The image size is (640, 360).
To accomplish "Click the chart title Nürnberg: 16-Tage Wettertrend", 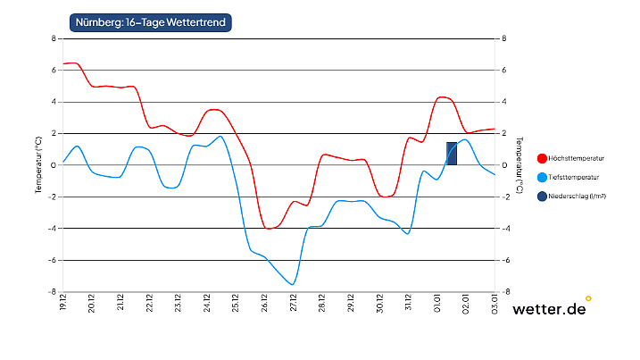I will [x=149, y=22].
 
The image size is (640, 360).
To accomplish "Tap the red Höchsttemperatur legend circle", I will [x=542, y=158].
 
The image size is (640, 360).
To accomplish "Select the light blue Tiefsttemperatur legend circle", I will [x=542, y=177].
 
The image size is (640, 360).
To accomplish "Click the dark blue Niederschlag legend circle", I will [x=542, y=196].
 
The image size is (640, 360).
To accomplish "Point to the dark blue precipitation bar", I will [x=452, y=154].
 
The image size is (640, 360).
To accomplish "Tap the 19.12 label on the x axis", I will [x=63, y=302].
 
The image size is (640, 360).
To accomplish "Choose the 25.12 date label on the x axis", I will [x=236, y=302].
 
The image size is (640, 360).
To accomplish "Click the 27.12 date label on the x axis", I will [x=293, y=302].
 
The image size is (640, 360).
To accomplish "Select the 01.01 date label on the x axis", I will [x=436, y=302].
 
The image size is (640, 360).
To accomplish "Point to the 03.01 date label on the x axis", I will [x=494, y=302].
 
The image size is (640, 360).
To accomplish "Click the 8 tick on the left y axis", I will [x=54, y=38].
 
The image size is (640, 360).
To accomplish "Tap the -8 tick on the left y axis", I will [x=54, y=291].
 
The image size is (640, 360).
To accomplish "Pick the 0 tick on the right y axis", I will [x=504, y=165].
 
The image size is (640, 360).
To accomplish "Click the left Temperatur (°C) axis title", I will [x=38, y=165].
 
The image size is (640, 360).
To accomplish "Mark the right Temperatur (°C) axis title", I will [x=519, y=165].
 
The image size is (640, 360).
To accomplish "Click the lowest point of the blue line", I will [x=293, y=284].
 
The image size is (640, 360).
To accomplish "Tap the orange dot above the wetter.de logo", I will [x=588, y=298].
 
